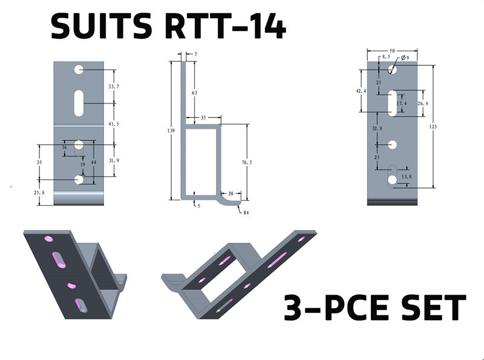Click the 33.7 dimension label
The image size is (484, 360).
click(114, 87)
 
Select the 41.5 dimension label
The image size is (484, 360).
click(114, 123)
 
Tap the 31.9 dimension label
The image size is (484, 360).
click(114, 160)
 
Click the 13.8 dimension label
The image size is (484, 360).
click(407, 176)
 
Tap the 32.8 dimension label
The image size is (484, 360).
click(377, 128)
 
